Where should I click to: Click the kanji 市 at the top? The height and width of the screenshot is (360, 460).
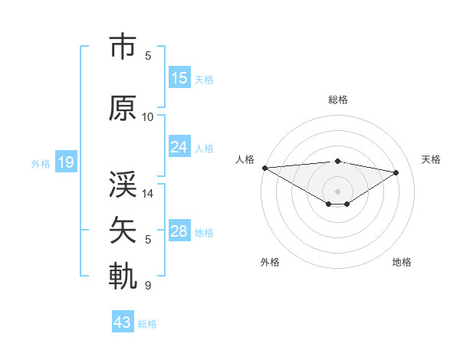[x=123, y=47]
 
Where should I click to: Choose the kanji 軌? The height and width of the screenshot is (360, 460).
[x=123, y=277]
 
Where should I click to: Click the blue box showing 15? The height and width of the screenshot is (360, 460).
[x=179, y=77]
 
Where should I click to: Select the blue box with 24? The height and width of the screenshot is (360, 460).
[x=179, y=146]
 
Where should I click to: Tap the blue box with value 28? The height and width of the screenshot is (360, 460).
[x=179, y=231]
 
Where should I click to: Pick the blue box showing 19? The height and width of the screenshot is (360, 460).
[x=65, y=162]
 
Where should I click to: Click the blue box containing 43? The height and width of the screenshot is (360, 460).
[x=123, y=322]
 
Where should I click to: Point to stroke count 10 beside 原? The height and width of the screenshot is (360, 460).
[x=148, y=117]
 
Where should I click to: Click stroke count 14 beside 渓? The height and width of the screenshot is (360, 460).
[x=148, y=194]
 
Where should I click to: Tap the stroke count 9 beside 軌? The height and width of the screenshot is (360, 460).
[x=148, y=286]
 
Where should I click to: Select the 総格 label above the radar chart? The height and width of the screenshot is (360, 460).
[x=337, y=100]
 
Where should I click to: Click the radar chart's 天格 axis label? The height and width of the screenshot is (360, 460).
[x=431, y=159]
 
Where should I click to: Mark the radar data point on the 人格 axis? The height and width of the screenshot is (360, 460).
[x=264, y=167]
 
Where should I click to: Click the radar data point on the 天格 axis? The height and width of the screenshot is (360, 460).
[x=396, y=172]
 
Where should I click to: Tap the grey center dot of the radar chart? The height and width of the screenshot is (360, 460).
[x=337, y=191]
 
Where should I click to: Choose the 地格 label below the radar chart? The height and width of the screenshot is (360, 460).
[x=402, y=262]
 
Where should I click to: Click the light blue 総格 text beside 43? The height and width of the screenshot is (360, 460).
[x=147, y=323]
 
